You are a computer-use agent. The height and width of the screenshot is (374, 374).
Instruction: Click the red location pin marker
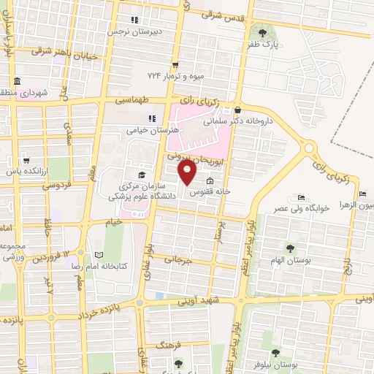click(x=188, y=173)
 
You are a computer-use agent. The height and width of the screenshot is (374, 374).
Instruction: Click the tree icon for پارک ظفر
click(x=262, y=32)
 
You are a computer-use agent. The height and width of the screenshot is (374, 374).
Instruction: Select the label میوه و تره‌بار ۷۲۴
click(x=174, y=76)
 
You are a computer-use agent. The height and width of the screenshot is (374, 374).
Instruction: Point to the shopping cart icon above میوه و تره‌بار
click(x=175, y=64)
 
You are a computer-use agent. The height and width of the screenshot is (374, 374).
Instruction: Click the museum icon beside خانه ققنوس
click(x=210, y=182)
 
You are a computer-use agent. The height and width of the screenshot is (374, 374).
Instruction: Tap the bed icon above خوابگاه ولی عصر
click(x=301, y=196)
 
